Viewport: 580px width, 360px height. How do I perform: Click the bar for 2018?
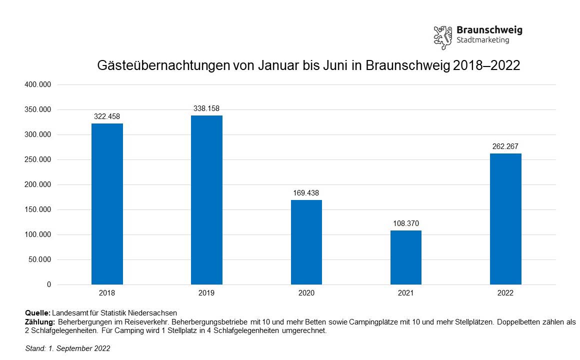click(107, 204)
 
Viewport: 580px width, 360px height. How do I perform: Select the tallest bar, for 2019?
click(206, 200)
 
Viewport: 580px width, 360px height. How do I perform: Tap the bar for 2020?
click(306, 242)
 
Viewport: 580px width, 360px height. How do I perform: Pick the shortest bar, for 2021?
click(406, 257)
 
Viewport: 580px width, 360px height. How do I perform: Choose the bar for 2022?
click(505, 219)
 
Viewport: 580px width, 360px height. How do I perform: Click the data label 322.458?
click(107, 116)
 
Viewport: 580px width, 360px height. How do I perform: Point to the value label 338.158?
click(206, 108)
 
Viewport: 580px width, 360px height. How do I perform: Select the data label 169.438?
click(306, 192)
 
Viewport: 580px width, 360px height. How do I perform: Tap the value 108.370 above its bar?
click(406, 223)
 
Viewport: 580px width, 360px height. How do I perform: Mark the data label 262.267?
click(505, 146)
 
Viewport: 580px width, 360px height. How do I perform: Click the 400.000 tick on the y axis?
click(38, 85)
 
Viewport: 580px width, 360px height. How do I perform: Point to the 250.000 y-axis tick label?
click(38, 160)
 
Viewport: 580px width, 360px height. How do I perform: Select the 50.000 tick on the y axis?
click(40, 260)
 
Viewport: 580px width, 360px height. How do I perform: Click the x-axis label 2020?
click(306, 293)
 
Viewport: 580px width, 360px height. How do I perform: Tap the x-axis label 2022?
click(505, 293)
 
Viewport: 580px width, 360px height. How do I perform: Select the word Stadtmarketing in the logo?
click(482, 40)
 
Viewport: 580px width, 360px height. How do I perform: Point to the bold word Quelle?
click(37, 313)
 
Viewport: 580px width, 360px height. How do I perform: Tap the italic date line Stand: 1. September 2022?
click(67, 348)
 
